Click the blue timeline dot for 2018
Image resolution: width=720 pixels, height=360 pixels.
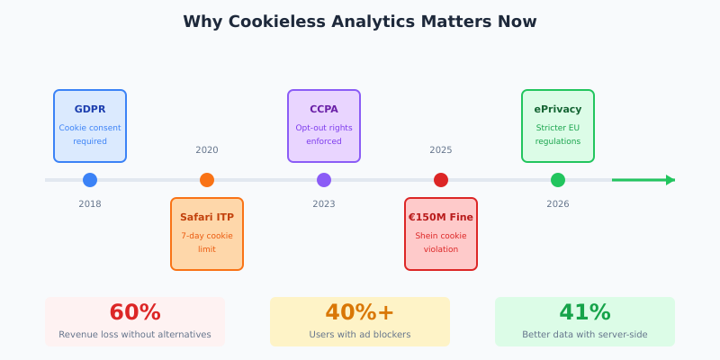pos(90,180)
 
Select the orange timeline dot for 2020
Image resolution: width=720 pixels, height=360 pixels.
pos(207,180)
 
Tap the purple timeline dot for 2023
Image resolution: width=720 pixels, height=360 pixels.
pos(324,180)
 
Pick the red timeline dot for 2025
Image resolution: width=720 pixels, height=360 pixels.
pos(441,180)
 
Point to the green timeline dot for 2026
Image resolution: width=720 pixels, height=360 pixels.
pos(558,180)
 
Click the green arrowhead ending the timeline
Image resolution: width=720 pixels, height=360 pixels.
pos(670,180)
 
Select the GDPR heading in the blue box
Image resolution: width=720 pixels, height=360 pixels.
pos(90,110)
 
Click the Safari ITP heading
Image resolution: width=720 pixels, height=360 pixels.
pos(207,218)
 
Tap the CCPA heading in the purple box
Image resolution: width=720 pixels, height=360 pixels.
pos(324,110)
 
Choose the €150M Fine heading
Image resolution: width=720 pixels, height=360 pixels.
pos(441,218)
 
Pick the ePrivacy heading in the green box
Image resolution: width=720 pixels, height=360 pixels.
pos(558,110)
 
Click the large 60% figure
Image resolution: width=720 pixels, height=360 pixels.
pos(135,312)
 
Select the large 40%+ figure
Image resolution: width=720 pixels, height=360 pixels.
pos(360,312)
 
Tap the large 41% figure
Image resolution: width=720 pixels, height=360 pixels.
pos(585,312)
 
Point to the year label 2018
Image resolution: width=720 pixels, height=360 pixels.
pos(90,204)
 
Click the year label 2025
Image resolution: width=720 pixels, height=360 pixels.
pos(441,150)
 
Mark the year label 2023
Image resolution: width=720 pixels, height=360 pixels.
pos(324,204)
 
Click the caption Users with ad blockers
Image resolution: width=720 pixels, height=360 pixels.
pos(360,335)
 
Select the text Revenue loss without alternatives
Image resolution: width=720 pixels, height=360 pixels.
pos(135,335)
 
